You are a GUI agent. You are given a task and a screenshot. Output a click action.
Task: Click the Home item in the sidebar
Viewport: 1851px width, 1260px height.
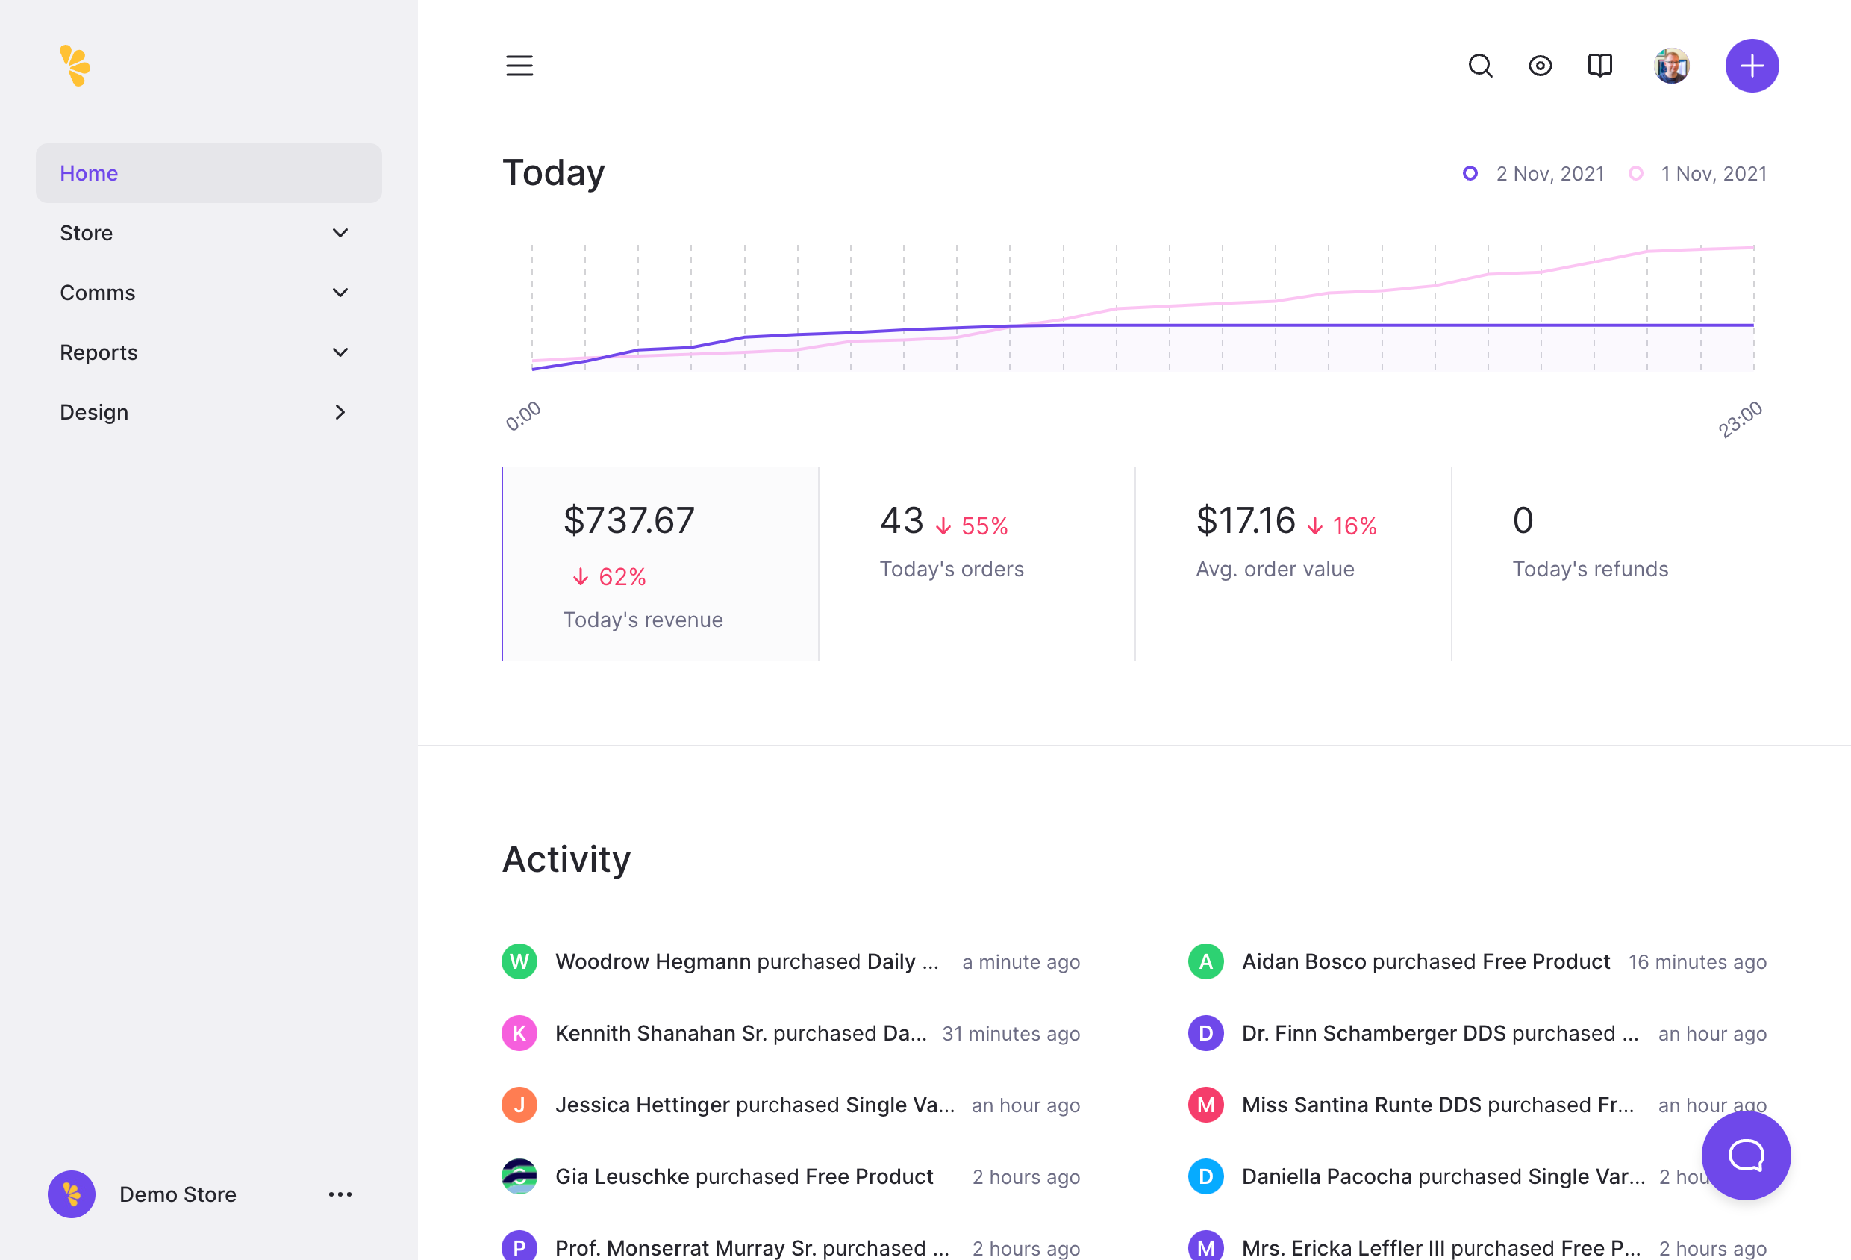click(90, 173)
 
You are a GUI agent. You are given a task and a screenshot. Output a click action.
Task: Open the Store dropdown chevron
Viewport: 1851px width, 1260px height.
click(340, 233)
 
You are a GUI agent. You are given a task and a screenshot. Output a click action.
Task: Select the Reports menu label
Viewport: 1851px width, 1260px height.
click(99, 352)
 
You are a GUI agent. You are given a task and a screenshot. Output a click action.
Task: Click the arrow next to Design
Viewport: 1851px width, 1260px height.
click(340, 412)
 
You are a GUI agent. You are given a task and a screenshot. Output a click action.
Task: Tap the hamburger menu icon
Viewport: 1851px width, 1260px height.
click(519, 65)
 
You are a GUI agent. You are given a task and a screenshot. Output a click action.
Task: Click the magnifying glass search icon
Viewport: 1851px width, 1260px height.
click(1480, 65)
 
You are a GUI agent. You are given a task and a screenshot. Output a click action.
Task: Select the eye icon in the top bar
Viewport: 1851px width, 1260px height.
click(1540, 65)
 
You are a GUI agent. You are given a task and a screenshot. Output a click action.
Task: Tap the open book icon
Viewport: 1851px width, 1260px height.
click(1599, 65)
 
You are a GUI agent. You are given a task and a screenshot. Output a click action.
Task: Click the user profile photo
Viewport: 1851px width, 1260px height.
click(1671, 65)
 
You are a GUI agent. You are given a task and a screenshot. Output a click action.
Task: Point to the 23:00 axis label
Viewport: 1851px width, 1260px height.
click(1740, 420)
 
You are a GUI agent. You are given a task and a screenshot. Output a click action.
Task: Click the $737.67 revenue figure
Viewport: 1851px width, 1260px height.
click(628, 520)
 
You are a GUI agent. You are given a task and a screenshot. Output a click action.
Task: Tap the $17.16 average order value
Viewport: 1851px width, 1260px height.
click(1246, 520)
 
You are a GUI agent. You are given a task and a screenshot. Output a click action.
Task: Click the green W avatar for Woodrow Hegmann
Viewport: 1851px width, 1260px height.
click(519, 961)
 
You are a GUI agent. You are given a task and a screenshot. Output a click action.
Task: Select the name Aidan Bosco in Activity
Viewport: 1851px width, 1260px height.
click(1304, 961)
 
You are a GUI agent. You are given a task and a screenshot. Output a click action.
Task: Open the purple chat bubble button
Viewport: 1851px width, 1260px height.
click(1745, 1155)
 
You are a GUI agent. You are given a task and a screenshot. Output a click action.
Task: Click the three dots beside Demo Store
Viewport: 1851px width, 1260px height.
click(340, 1194)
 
